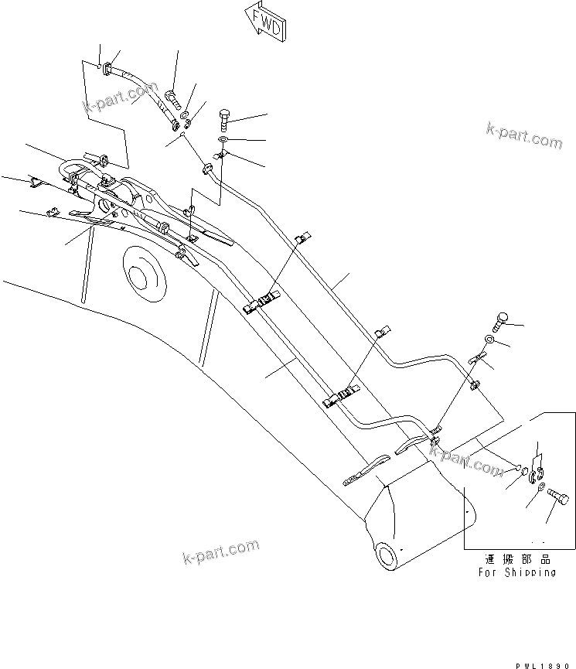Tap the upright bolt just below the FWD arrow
coord(223,120)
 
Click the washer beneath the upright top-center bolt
coord(223,139)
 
